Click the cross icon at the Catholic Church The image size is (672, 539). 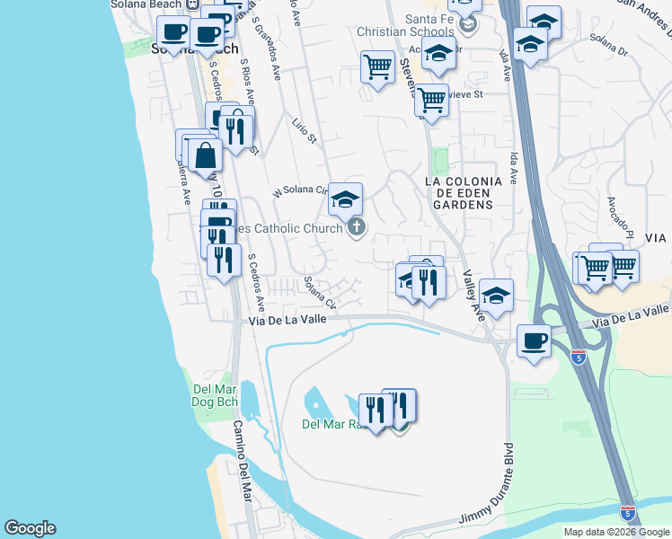click(x=357, y=227)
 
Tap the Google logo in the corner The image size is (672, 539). click(x=30, y=528)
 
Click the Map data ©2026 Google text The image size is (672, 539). click(x=616, y=532)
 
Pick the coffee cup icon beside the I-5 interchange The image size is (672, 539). click(x=535, y=340)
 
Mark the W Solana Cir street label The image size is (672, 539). click(x=302, y=191)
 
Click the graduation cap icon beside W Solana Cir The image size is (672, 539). click(x=345, y=199)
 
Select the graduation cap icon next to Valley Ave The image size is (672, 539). click(x=496, y=295)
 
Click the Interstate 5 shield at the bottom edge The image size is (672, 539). click(x=627, y=514)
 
